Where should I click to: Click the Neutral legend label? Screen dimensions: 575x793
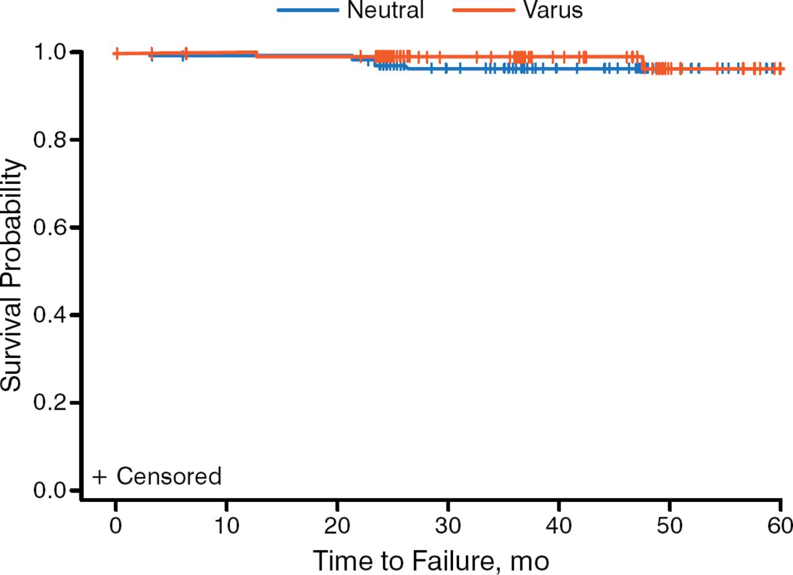[385, 10]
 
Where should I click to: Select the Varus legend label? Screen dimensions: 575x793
[553, 10]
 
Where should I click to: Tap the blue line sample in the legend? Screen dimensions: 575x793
[307, 10]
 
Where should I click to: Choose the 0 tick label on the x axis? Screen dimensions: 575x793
[116, 526]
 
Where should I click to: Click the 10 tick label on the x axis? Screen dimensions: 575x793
[226, 526]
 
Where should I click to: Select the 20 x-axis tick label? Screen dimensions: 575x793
[337, 526]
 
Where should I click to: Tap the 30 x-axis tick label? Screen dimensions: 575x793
[448, 526]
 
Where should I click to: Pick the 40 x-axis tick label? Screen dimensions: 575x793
[559, 526]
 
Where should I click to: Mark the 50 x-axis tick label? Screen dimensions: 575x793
[670, 526]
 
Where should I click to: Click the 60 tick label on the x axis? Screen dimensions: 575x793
[779, 526]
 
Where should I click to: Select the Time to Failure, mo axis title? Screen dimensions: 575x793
[431, 561]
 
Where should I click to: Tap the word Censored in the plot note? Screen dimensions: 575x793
[169, 476]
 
